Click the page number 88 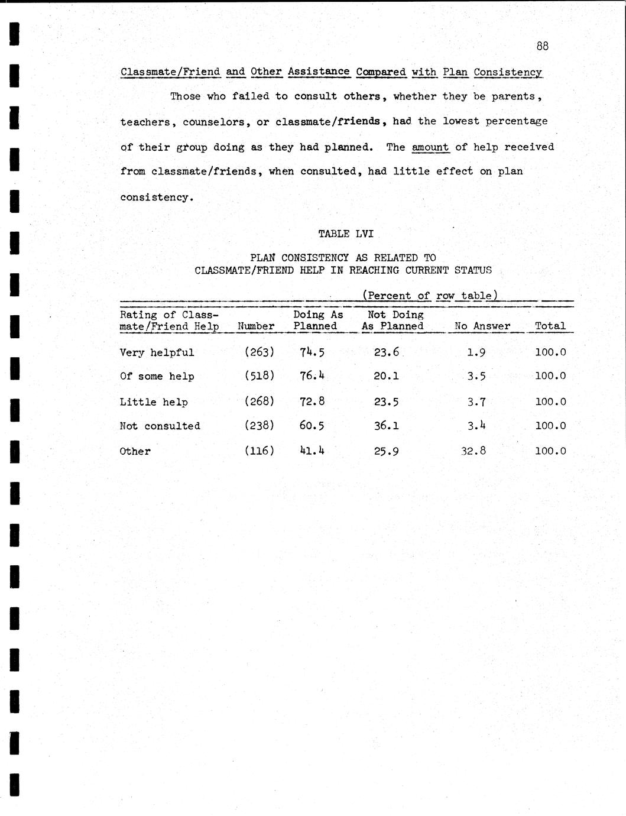542,46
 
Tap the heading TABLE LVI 346,234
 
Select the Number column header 256,326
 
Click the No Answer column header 482,326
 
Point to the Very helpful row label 157,352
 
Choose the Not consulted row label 160,426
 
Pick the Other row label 135,451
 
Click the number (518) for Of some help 260,376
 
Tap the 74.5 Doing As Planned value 312,352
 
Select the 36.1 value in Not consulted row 387,426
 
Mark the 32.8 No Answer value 473,451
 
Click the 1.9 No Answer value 476,352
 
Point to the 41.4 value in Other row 312,451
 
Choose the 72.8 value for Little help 312,401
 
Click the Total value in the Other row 550,451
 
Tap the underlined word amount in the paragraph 430,147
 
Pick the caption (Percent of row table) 430,296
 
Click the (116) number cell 260,451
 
